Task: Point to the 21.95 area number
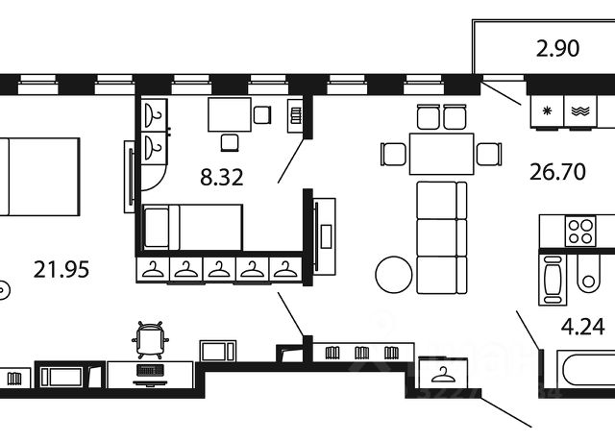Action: click(60, 270)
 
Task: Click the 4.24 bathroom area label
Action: click(582, 327)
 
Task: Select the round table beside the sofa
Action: click(394, 277)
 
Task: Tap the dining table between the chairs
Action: click(441, 153)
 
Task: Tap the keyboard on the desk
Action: click(151, 370)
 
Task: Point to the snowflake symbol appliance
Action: click(549, 110)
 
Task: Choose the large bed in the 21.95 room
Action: click(38, 177)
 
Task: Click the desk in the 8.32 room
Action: click(229, 115)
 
